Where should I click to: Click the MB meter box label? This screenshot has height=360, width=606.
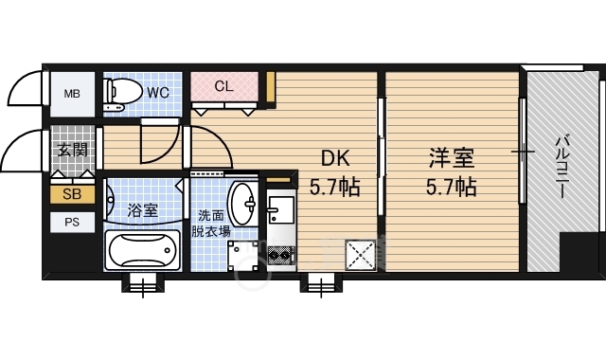[x=72, y=94]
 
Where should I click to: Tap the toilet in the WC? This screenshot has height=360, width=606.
[x=122, y=95]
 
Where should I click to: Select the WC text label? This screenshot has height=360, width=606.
[x=158, y=93]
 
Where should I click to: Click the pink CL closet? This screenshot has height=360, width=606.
[x=224, y=86]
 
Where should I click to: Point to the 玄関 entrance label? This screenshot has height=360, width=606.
[x=72, y=150]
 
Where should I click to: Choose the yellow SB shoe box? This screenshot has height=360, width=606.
[x=72, y=194]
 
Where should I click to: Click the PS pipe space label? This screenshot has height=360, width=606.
[x=72, y=223]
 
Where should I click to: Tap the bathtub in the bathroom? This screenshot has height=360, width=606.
[x=143, y=250]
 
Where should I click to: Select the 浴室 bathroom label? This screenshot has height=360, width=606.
[x=143, y=210]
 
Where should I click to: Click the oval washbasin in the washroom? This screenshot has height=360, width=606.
[x=242, y=204]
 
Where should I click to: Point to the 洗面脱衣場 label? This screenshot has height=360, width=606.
[x=211, y=224]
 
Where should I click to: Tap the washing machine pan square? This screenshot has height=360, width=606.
[x=242, y=255]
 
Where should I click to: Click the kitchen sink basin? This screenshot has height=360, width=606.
[x=281, y=209]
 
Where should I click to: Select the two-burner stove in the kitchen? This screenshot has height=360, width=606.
[x=281, y=255]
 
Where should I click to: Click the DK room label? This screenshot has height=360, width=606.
[x=336, y=158]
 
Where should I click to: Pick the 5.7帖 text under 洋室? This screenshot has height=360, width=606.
[x=452, y=188]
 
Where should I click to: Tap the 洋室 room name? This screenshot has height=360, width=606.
[x=452, y=158]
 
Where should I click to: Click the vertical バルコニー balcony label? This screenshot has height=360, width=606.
[x=562, y=166]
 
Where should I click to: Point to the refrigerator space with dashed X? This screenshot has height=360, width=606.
[x=361, y=255]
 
